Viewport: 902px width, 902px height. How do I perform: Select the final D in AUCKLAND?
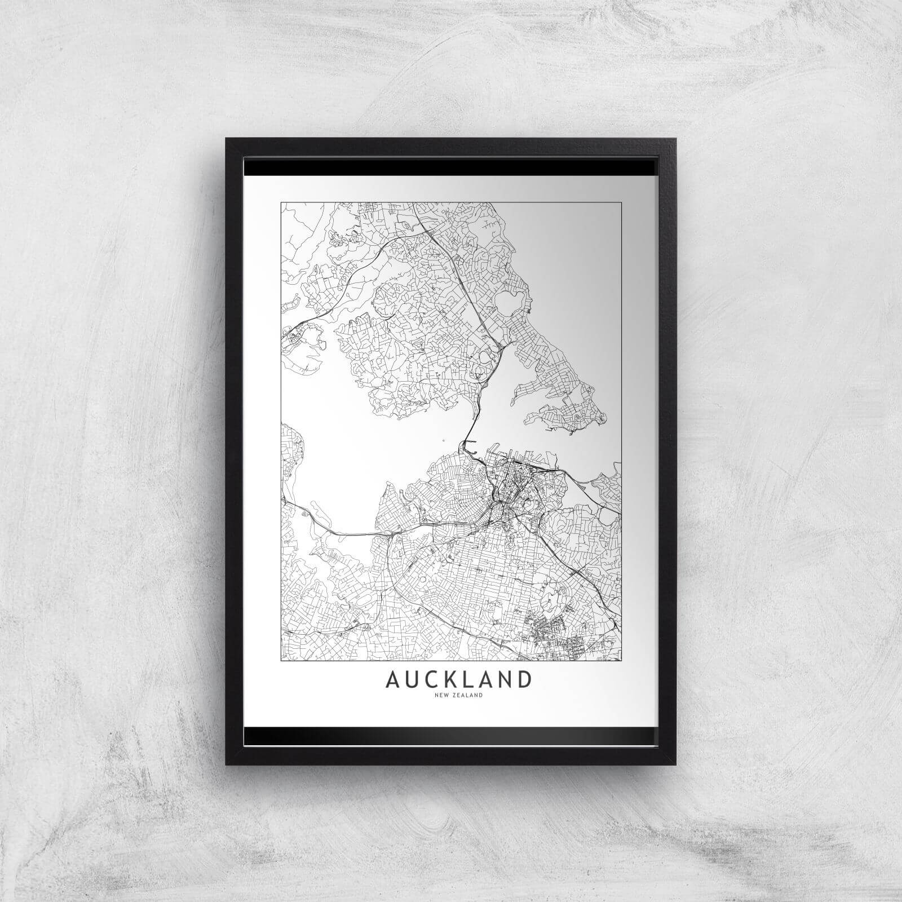pos(524,680)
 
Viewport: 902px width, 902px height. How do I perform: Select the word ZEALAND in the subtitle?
pos(466,696)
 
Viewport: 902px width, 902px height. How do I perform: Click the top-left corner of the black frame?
pos(227,139)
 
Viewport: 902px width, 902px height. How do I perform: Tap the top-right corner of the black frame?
pos(674,139)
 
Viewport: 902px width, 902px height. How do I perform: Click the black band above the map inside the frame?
pos(451,167)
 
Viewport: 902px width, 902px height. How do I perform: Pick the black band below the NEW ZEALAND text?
pos(451,734)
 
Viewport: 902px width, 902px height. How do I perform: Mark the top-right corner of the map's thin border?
pos(621,201)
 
